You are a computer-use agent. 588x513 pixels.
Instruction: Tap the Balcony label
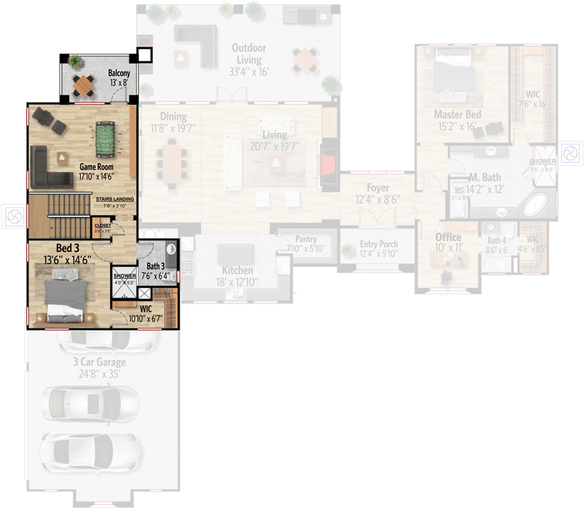pos(119,73)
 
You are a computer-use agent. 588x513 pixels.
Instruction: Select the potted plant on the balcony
pos(76,62)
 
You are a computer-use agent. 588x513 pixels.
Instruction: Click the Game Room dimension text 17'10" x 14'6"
pos(96,175)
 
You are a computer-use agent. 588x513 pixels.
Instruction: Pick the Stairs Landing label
pos(115,199)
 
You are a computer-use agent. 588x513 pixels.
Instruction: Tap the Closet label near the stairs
pos(103,226)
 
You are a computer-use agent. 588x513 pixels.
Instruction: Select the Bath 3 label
pos(155,266)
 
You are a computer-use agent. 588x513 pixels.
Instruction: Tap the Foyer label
pos(378,187)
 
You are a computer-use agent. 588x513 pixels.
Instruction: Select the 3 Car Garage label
pos(99,363)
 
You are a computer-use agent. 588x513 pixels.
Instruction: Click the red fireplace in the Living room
pos(329,165)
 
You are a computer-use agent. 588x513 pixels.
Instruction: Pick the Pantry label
pos(306,239)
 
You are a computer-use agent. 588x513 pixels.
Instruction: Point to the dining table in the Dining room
pos(171,163)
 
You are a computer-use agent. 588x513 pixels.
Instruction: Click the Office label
pos(449,238)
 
